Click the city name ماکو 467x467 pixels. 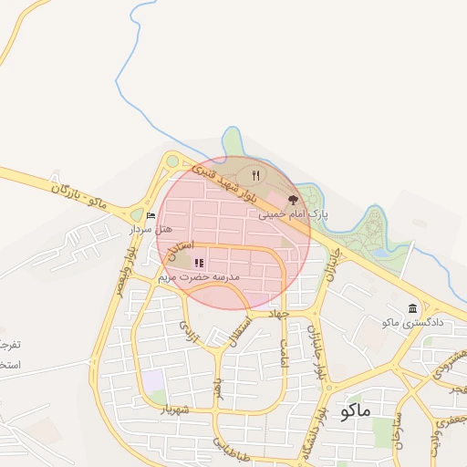pyautogui.click(x=354, y=410)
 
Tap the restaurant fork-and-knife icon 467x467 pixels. pyautogui.click(x=256, y=176)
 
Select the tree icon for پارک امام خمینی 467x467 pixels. pyautogui.click(x=293, y=198)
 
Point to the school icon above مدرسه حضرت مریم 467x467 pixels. pyautogui.click(x=199, y=263)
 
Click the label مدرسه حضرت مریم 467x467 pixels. pyautogui.click(x=198, y=275)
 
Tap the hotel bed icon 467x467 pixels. pyautogui.click(x=150, y=215)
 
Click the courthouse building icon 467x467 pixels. pyautogui.click(x=413, y=308)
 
